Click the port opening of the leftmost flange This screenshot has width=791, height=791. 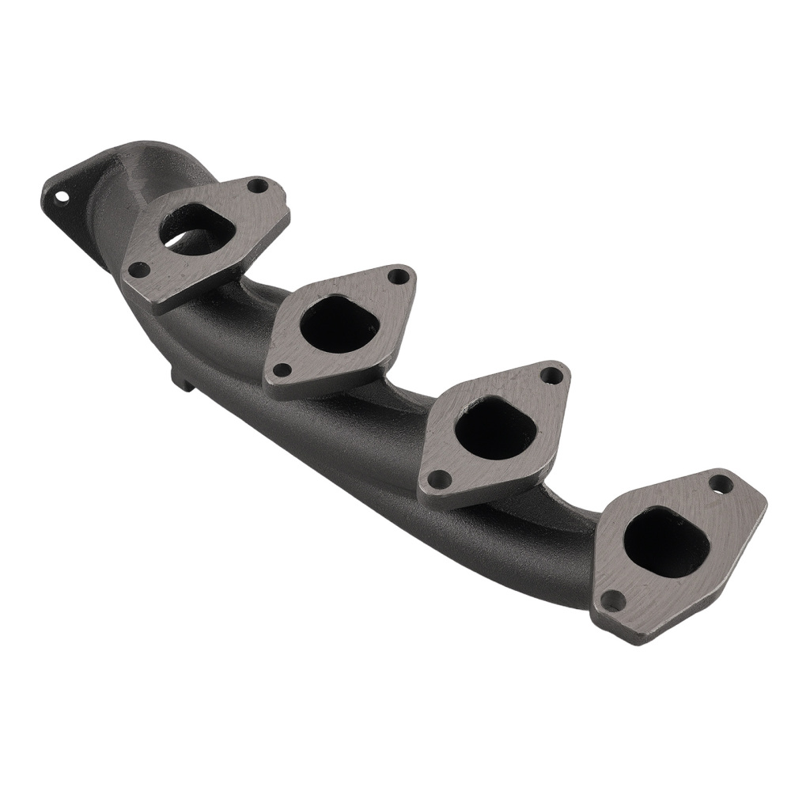coord(195,230)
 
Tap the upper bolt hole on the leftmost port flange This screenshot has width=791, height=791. coord(257,187)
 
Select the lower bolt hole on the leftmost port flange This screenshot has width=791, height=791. coord(139,270)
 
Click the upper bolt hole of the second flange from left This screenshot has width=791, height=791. coord(399,276)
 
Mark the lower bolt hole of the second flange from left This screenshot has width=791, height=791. coord(281,369)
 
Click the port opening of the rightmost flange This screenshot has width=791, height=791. coord(664,541)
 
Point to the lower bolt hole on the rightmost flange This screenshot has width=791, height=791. coord(613,601)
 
